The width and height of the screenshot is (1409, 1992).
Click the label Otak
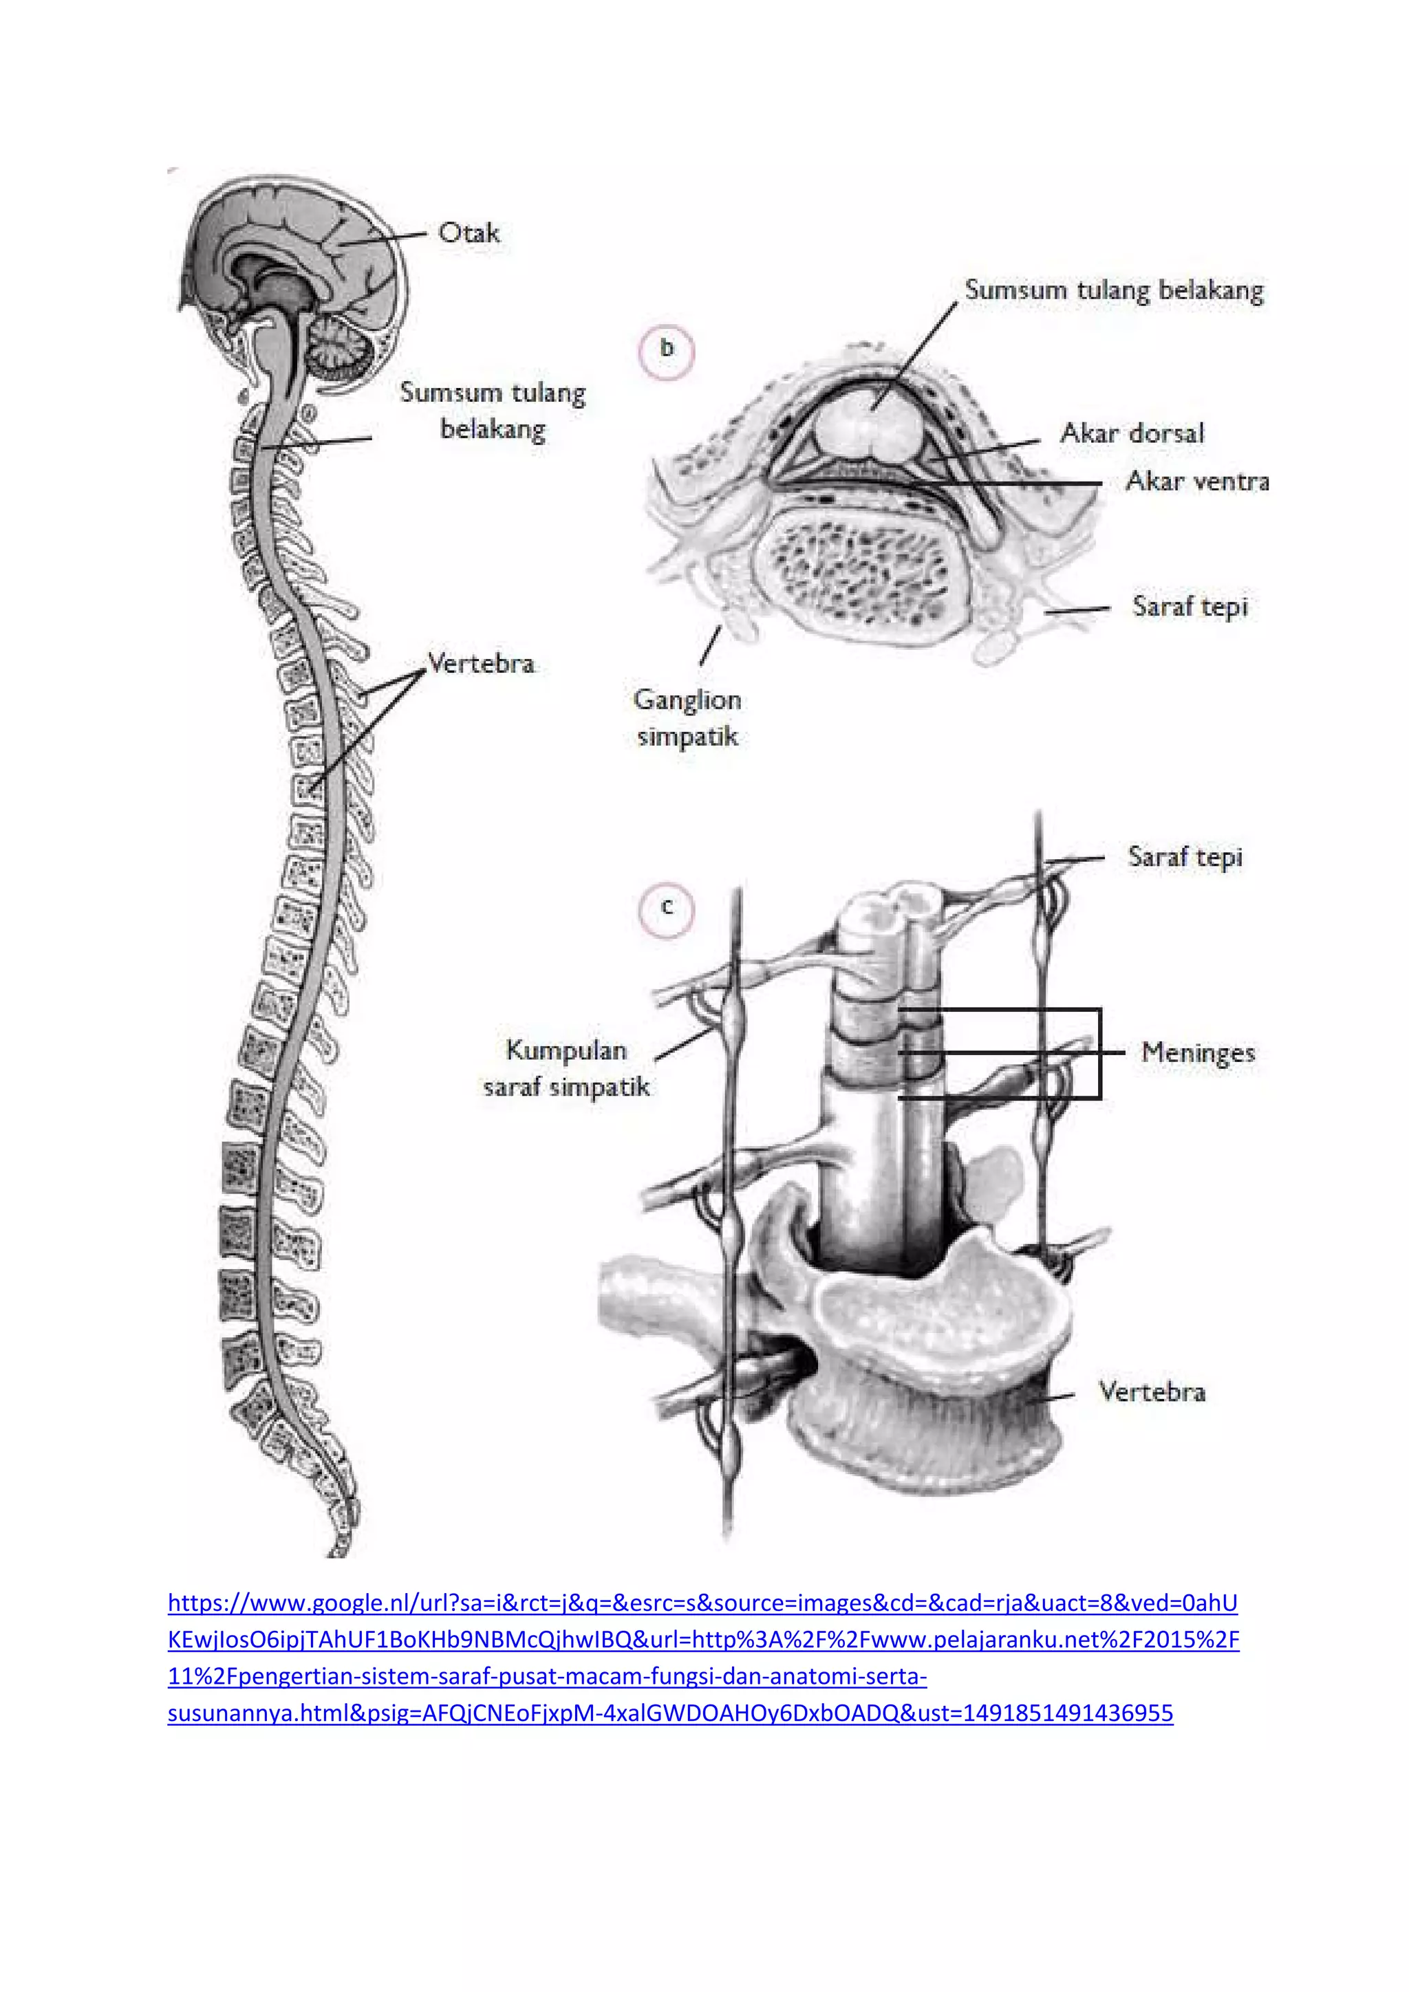pyautogui.click(x=469, y=232)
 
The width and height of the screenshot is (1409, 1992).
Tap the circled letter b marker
pyautogui.click(x=667, y=349)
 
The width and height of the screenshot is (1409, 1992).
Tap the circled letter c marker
pyautogui.click(x=667, y=907)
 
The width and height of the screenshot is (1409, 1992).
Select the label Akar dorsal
pyautogui.click(x=1132, y=433)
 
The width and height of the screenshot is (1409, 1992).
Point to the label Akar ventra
pyautogui.click(x=1197, y=481)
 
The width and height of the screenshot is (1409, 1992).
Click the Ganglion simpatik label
pyautogui.click(x=687, y=717)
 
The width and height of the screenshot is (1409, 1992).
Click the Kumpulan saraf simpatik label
pyautogui.click(x=566, y=1068)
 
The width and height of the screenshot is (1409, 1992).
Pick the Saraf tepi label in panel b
pyautogui.click(x=1190, y=607)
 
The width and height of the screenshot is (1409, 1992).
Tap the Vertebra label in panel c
pyautogui.click(x=1151, y=1392)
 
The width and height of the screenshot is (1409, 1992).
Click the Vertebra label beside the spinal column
pyautogui.click(x=482, y=664)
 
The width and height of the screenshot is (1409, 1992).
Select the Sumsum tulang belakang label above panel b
pyautogui.click(x=1114, y=290)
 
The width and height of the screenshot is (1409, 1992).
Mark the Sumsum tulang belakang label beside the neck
pyautogui.click(x=493, y=411)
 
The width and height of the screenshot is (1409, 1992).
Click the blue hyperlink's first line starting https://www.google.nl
pyautogui.click(x=702, y=1603)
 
